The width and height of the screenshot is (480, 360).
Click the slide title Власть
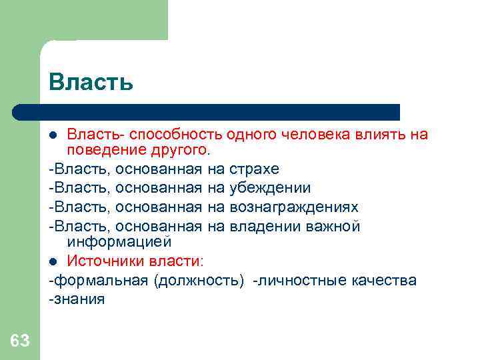[x=91, y=82]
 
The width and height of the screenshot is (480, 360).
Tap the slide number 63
[x=20, y=341]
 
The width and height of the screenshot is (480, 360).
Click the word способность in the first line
[x=168, y=135]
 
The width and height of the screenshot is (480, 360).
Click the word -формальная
[x=99, y=280]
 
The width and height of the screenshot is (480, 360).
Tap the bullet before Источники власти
[x=57, y=261]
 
